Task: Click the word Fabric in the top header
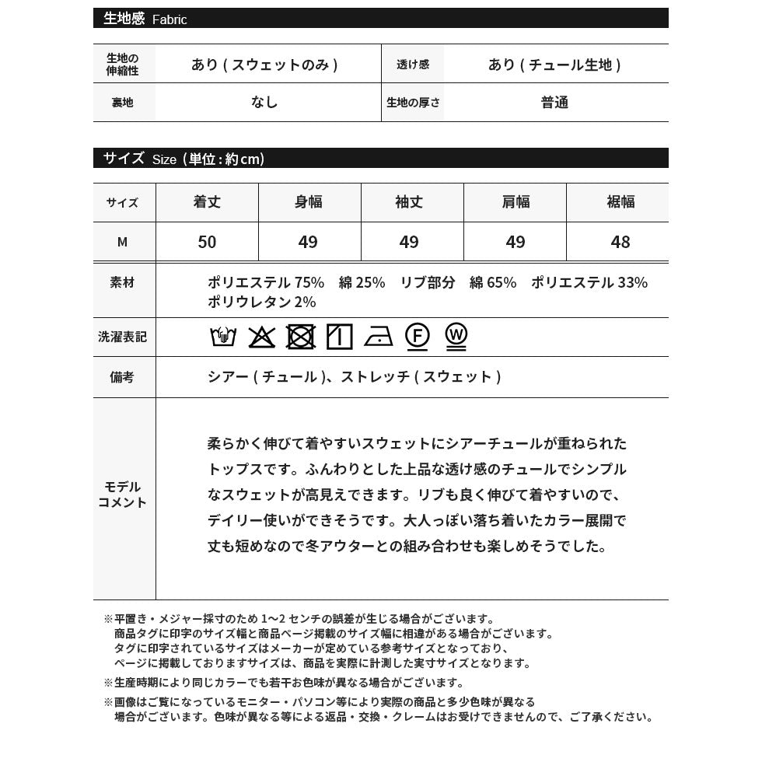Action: pos(170,19)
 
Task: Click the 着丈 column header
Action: pos(207,202)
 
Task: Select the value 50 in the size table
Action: pos(207,242)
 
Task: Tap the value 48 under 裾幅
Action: pos(620,242)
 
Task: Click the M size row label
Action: pos(122,242)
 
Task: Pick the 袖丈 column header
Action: pos(409,202)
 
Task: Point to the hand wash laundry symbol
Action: pos(223,337)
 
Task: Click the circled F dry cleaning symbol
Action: pos(418,336)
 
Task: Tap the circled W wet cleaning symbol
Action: pos(456,336)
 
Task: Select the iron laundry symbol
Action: pos(378,337)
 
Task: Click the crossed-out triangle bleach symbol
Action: pos(262,337)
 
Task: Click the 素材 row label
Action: pos(122,283)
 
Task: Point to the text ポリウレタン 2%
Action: pos(261,302)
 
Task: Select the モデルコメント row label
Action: pos(122,495)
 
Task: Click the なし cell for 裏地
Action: pos(264,103)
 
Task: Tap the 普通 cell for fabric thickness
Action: pos(555,103)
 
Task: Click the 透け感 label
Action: pos(412,65)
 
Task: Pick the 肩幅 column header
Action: pos(515,202)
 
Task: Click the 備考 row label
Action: pos(122,377)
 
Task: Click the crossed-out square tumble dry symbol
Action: pos(300,337)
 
